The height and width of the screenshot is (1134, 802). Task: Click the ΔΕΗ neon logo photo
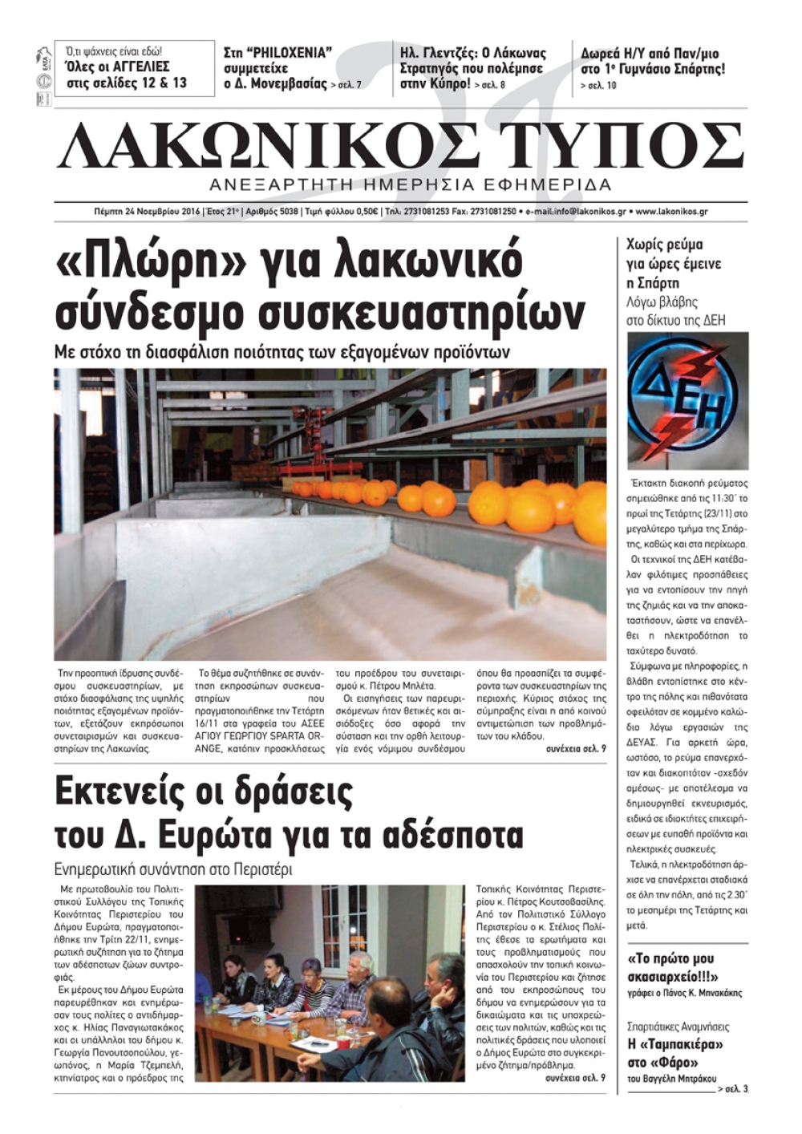[687, 400]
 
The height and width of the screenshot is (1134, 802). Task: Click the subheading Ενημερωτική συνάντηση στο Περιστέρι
[173, 869]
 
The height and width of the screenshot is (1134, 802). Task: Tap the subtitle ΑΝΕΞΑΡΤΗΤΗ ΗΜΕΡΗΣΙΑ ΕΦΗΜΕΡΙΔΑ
[410, 185]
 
